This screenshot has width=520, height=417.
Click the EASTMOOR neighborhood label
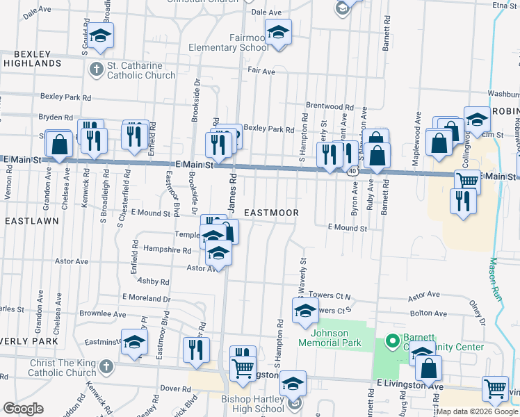click(272, 213)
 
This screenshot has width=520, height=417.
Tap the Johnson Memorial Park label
click(332, 337)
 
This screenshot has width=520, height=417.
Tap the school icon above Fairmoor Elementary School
click(278, 32)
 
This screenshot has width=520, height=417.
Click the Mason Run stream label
click(499, 277)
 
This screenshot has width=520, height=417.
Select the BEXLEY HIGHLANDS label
click(31, 58)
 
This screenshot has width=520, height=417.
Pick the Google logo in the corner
click(24, 409)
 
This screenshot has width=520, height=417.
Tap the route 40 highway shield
click(353, 170)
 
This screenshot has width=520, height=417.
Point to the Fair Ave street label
click(262, 72)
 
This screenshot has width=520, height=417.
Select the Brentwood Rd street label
click(330, 107)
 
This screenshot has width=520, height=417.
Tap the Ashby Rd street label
click(153, 281)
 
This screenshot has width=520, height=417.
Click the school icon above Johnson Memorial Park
click(304, 312)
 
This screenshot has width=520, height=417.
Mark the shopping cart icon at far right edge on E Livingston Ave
click(494, 389)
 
